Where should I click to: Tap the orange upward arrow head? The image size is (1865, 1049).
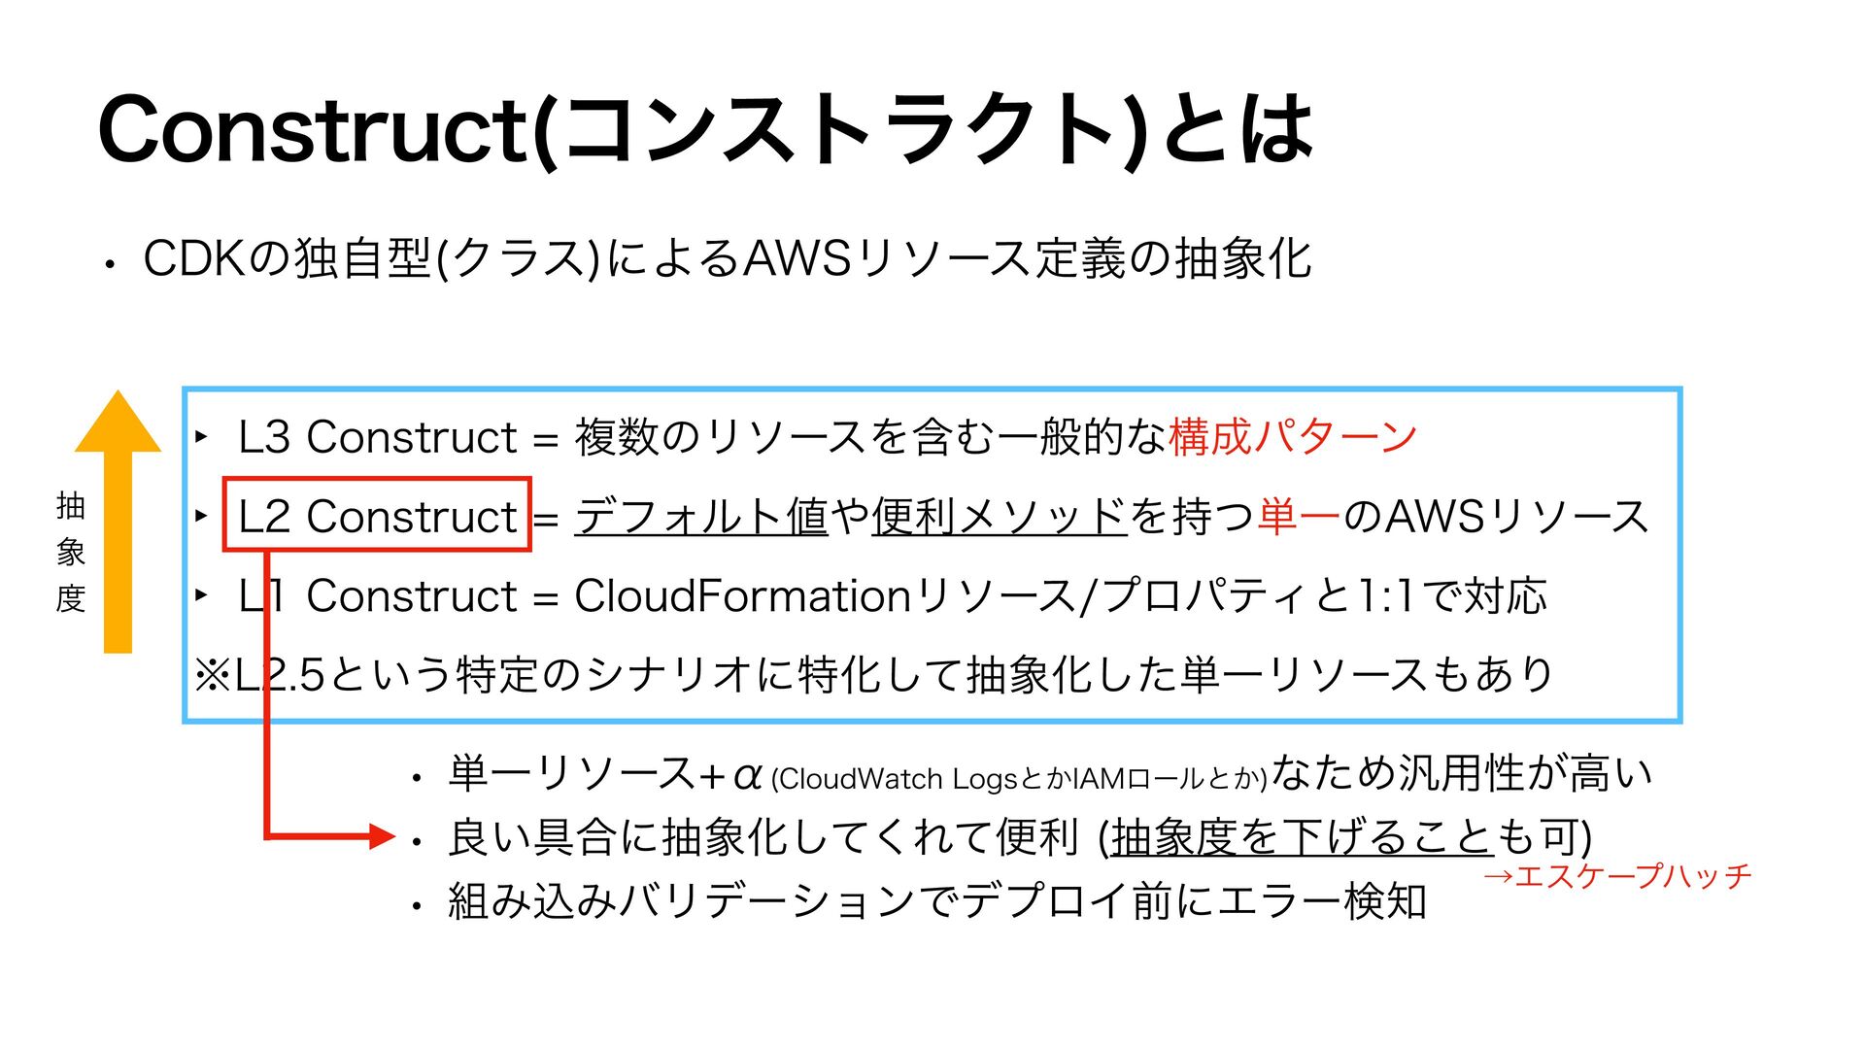(118, 423)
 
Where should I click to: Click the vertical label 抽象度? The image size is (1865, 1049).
(71, 552)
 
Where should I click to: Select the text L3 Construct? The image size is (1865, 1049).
(377, 437)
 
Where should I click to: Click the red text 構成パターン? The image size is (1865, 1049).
(1293, 437)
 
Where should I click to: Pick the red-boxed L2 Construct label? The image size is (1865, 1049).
(377, 516)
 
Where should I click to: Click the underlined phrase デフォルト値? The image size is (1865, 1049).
(700, 516)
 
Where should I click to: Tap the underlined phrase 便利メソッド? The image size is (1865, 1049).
(999, 516)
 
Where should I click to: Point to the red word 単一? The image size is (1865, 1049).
(1299, 516)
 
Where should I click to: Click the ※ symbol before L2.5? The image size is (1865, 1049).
(212, 675)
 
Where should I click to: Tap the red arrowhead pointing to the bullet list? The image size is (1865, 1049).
(382, 835)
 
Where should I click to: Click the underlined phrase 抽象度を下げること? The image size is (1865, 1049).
(1302, 836)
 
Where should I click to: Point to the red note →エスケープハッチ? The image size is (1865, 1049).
(1617, 876)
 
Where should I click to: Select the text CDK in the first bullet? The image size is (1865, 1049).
(195, 259)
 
